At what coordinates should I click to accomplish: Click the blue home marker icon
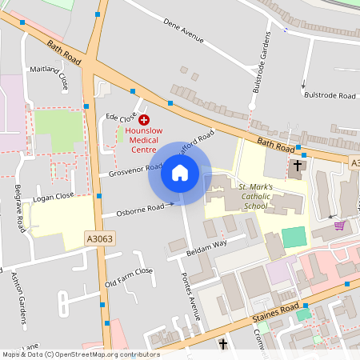pos(179,173)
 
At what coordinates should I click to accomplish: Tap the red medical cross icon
pos(133,118)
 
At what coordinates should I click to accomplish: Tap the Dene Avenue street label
pos(186,37)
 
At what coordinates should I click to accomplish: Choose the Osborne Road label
pos(136,208)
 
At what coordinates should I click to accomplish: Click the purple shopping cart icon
pos(339,226)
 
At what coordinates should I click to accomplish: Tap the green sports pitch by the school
pos(294,237)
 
